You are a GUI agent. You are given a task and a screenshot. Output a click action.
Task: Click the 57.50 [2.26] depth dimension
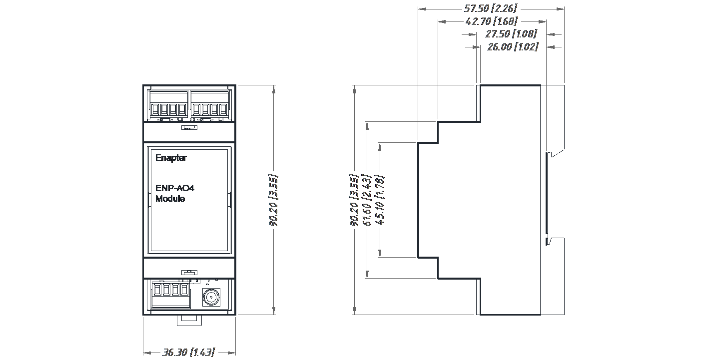click(x=491, y=8)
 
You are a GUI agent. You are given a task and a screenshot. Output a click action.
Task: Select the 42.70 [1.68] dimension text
click(x=491, y=21)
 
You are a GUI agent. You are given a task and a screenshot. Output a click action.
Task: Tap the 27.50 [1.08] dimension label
click(x=511, y=34)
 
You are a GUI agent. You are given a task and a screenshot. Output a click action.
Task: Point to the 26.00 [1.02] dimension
click(x=512, y=47)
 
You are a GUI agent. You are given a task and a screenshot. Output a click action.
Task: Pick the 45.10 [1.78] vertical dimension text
click(x=380, y=200)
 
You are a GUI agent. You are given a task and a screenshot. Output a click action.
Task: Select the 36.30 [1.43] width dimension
click(x=188, y=353)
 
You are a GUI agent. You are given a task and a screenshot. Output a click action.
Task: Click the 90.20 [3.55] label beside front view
click(x=274, y=200)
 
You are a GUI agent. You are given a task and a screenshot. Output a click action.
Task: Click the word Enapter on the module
click(x=171, y=158)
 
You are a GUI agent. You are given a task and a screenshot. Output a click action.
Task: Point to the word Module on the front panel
click(x=170, y=199)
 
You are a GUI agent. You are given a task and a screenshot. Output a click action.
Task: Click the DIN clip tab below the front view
click(x=188, y=319)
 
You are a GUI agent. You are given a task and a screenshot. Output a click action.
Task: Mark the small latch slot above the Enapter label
click(x=188, y=128)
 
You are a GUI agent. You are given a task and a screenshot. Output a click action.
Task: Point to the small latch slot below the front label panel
click(x=188, y=272)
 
